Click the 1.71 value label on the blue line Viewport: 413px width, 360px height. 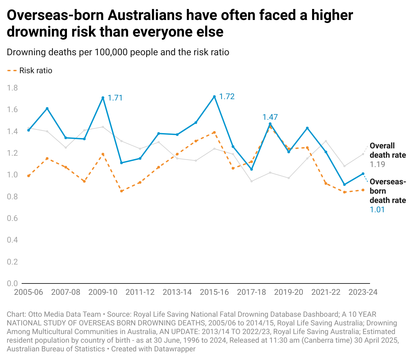pyautogui.click(x=115, y=98)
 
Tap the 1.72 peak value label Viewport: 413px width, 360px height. pyautogui.click(x=227, y=96)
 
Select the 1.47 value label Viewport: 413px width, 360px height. pyautogui.click(x=270, y=117)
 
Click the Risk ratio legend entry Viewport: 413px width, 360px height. pyautogui.click(x=36, y=71)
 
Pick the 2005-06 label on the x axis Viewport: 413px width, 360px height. pyautogui.click(x=29, y=292)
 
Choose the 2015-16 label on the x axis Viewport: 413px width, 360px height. pyautogui.click(x=214, y=292)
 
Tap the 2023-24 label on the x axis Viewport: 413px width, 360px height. pyautogui.click(x=363, y=292)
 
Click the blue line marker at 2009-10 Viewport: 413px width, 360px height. pyautogui.click(x=103, y=98)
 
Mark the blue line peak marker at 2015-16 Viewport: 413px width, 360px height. pyautogui.click(x=214, y=97)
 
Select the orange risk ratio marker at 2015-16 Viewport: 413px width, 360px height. pyautogui.click(x=214, y=132)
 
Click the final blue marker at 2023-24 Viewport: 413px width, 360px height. pyautogui.click(x=363, y=174)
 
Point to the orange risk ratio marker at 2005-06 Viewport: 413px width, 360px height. pyautogui.click(x=29, y=176)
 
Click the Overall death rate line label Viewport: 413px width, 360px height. pyautogui.click(x=388, y=150)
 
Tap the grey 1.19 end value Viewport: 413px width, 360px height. pyautogui.click(x=377, y=164)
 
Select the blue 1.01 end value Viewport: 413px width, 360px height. pyautogui.click(x=377, y=210)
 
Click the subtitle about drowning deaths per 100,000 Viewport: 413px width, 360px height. pyautogui.click(x=118, y=52)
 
